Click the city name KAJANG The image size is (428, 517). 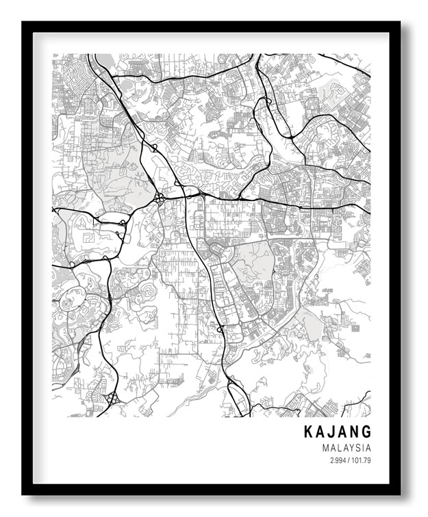coord(338,432)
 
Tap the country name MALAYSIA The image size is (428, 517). coord(346,448)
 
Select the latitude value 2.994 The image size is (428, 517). coord(338,461)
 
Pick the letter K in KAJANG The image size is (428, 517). coord(308,432)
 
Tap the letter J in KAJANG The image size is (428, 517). coord(331,432)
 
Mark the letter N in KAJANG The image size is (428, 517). coord(355,432)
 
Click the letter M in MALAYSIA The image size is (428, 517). coord(324,448)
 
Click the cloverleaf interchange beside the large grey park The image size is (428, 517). coord(159,198)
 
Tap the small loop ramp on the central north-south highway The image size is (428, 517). coord(221,330)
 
